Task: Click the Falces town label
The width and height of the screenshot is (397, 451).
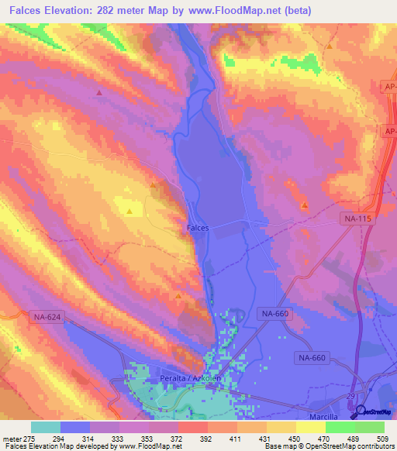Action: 198,229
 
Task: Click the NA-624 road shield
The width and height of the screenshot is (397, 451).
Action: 47,316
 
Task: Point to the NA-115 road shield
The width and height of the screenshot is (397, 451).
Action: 357,220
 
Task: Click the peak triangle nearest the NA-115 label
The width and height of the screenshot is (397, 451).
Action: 305,205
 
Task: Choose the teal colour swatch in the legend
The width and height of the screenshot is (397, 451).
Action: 45,427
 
